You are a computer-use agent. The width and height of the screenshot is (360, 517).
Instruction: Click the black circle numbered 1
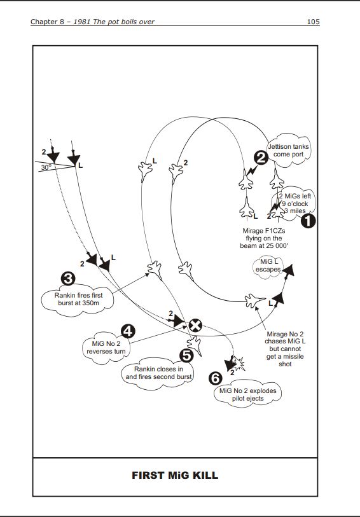[x=308, y=221]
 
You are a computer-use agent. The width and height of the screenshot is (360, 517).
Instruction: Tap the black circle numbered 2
[x=261, y=158]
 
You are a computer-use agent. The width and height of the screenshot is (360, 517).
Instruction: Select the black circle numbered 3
[x=68, y=279]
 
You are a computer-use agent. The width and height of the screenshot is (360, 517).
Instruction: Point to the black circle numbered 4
[x=128, y=331]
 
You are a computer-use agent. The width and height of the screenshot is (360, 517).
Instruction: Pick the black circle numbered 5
[x=186, y=355]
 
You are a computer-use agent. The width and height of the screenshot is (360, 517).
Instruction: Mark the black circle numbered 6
[x=216, y=378]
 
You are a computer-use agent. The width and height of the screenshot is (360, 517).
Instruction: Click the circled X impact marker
[x=195, y=326]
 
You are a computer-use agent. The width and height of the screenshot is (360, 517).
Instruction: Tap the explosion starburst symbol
[x=238, y=363]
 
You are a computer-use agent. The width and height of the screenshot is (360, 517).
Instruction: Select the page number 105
[x=313, y=22]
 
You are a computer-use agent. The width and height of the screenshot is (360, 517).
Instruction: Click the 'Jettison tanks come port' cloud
[x=289, y=150]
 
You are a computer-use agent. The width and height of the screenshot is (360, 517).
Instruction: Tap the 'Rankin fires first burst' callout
[x=78, y=300]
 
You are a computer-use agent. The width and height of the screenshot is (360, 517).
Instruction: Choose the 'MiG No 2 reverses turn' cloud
[x=106, y=347]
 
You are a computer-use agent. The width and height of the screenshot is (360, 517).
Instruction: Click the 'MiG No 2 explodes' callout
[x=247, y=394]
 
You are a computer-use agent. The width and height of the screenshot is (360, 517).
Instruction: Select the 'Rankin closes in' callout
[x=158, y=373]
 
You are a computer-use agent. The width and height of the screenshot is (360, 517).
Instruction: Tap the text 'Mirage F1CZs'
[x=264, y=231]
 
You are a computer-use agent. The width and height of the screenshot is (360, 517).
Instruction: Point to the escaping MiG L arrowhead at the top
[x=289, y=270]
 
